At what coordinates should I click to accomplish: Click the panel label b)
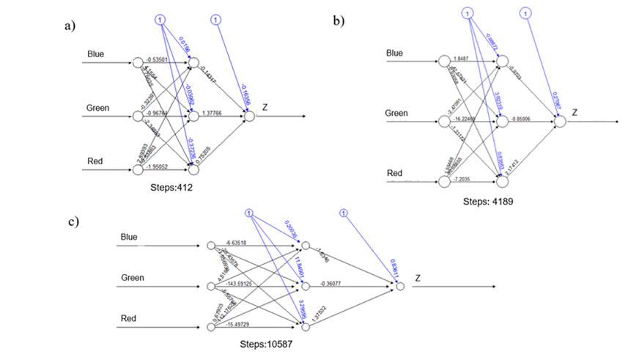339,21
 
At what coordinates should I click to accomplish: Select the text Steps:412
171,188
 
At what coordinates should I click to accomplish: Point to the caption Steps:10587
270,342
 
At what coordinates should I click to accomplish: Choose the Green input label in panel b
396,114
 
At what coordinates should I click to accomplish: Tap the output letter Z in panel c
418,279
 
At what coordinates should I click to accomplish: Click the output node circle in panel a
249,115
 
